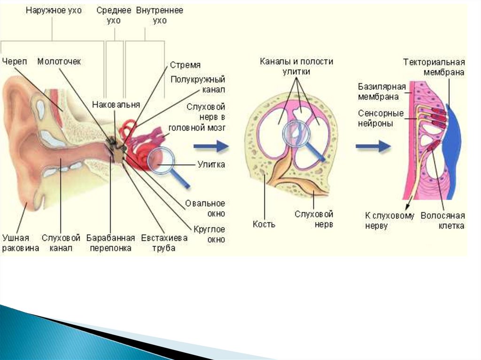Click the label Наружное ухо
[x=53, y=10]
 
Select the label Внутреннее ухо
[x=160, y=15]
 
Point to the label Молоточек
[x=59, y=61]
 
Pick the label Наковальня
[x=116, y=104]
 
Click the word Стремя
[x=185, y=65]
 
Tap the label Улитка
[x=211, y=165]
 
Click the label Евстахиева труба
[x=164, y=243]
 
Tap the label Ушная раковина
[x=21, y=243]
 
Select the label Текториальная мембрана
[x=434, y=67]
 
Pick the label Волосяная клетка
[x=442, y=221]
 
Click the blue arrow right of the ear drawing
[x=217, y=147]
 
